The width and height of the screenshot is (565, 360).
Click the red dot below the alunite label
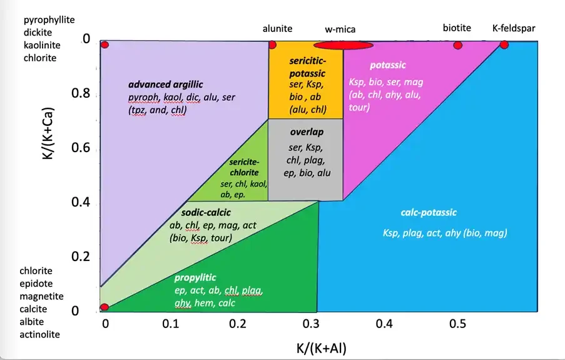(x=272, y=44)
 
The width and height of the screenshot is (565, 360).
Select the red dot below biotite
(x=457, y=45)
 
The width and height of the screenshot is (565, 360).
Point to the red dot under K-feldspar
(x=504, y=44)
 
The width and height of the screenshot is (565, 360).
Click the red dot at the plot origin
(x=104, y=307)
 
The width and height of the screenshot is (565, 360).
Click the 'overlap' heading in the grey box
(x=306, y=132)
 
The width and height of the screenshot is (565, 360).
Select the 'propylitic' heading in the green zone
(x=195, y=277)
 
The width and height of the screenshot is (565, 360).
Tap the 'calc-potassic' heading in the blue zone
(x=429, y=212)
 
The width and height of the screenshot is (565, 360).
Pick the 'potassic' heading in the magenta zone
(x=387, y=65)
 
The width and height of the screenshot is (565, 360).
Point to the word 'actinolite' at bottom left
(x=40, y=334)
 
